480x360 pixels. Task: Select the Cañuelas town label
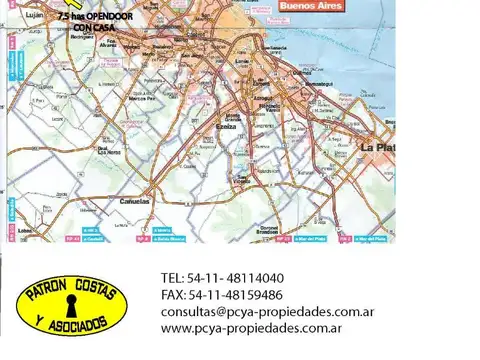pyautogui.click(x=137, y=201)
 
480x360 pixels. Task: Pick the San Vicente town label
pyautogui.click(x=242, y=181)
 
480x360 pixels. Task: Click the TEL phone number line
pyautogui.click(x=221, y=278)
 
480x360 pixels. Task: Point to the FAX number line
pyautogui.click(x=221, y=295)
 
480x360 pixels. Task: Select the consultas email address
pyautogui.click(x=267, y=311)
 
